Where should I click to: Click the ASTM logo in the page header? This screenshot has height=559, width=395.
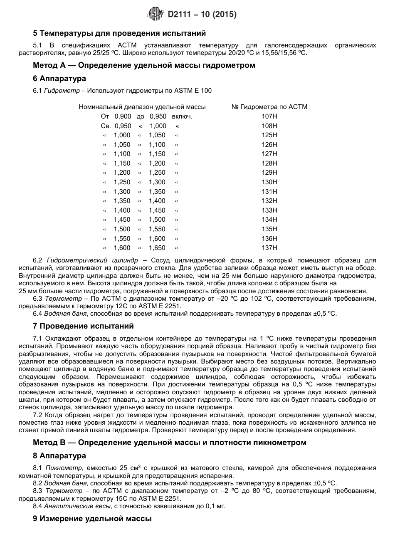pyautogui.click(x=156, y=15)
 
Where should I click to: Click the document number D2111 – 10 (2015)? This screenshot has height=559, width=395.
pyautogui.click(x=202, y=15)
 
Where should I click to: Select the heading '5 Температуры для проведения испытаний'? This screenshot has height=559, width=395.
pyautogui.click(x=119, y=33)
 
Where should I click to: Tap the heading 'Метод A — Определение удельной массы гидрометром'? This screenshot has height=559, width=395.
pyautogui.click(x=144, y=65)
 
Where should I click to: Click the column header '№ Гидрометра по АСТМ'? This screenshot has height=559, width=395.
pyautogui.click(x=269, y=107)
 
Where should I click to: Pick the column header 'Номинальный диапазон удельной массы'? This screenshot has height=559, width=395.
pyautogui.click(x=142, y=107)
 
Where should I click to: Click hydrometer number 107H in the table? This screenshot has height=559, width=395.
pyautogui.click(x=269, y=116)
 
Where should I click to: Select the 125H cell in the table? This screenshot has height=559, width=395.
pyautogui.click(x=269, y=135)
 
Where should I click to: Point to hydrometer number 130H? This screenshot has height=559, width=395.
pyautogui.click(x=269, y=182)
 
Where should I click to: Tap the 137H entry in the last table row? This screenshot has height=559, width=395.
pyautogui.click(x=269, y=248)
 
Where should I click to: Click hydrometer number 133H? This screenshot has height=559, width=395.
pyautogui.click(x=269, y=210)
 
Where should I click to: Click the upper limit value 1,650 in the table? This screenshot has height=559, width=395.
pyautogui.click(x=158, y=248)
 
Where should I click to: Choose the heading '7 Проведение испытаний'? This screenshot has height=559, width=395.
pyautogui.click(x=83, y=326)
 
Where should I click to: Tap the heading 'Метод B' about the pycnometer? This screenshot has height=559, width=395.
pyautogui.click(x=169, y=443)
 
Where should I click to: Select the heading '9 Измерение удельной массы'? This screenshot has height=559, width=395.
pyautogui.click(x=92, y=519)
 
